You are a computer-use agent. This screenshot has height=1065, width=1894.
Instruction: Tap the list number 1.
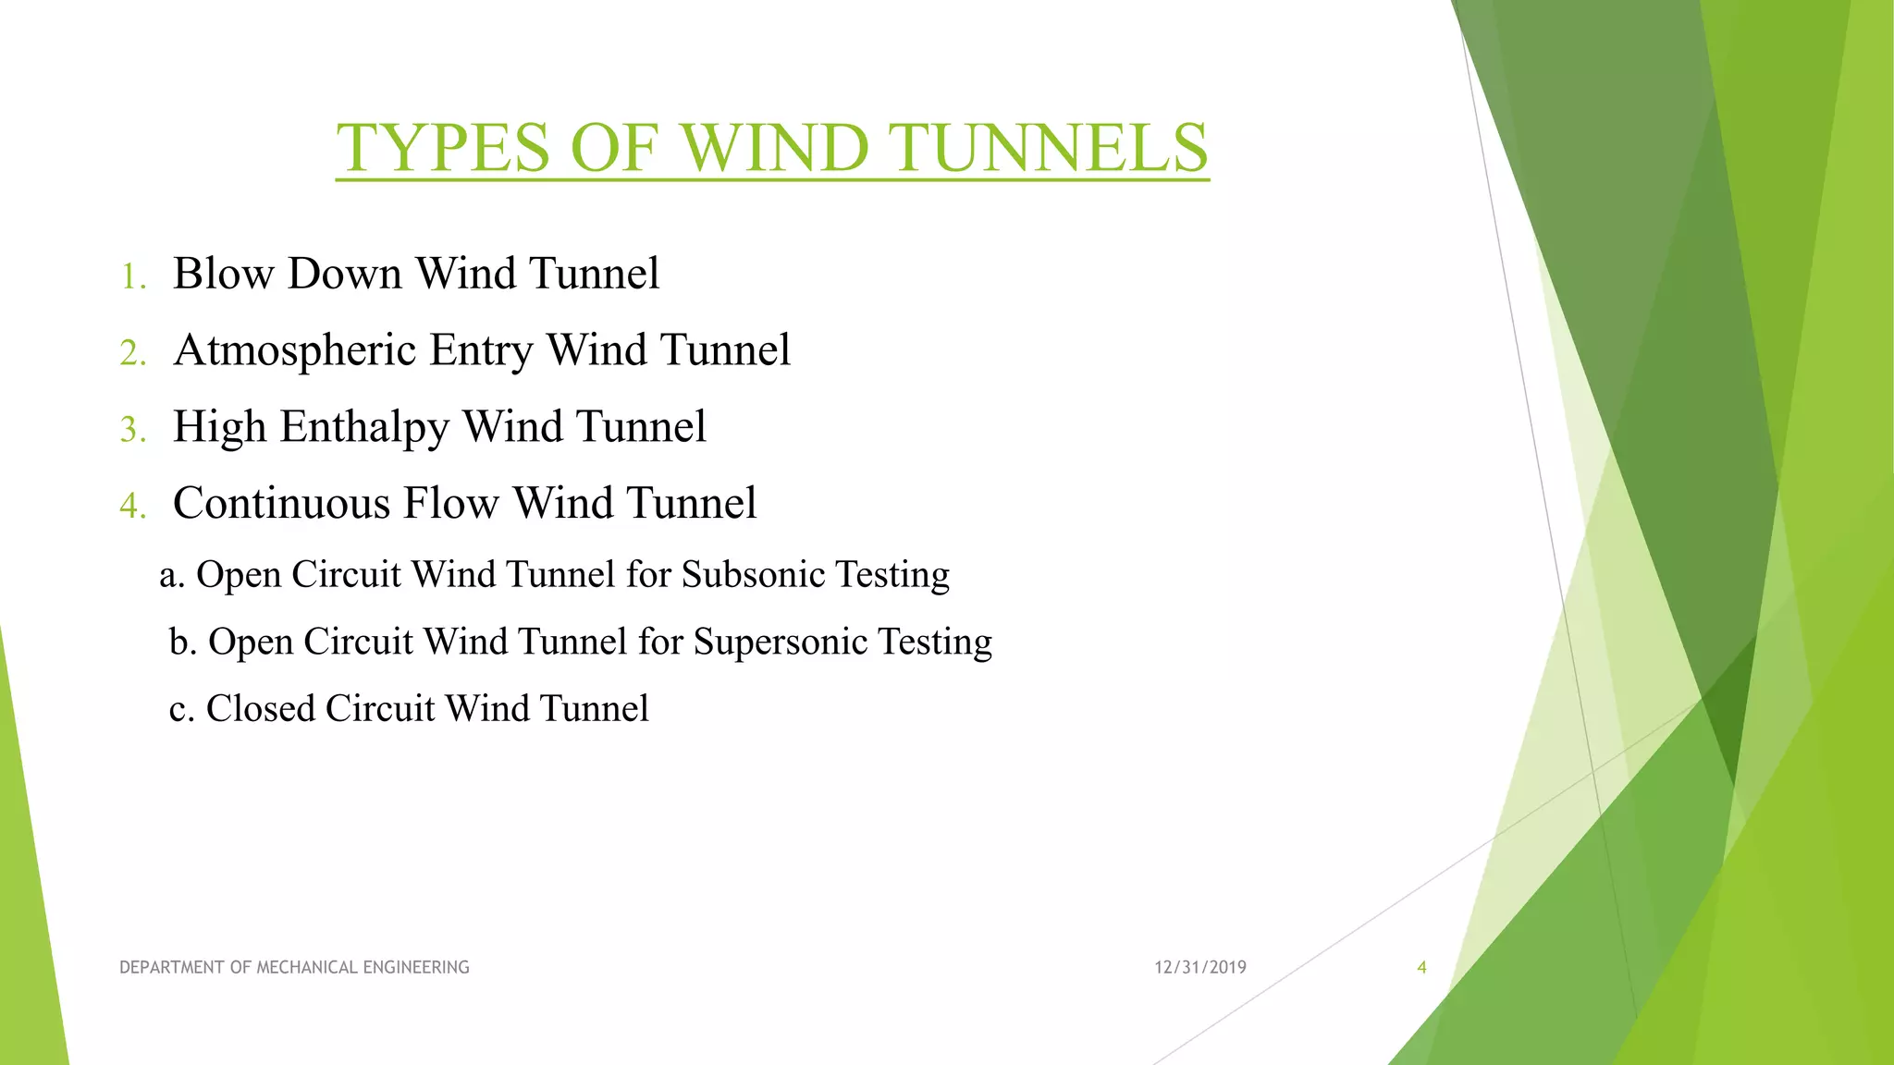click(x=133, y=276)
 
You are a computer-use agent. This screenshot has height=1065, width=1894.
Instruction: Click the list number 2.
click(x=133, y=353)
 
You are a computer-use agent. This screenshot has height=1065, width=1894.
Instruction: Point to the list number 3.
click(x=133, y=430)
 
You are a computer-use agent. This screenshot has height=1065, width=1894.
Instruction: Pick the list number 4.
click(x=133, y=507)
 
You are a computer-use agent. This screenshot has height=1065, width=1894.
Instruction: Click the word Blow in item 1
click(x=223, y=274)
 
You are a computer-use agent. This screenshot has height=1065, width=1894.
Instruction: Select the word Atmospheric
click(x=294, y=351)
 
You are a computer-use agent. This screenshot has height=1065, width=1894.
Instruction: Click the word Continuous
click(x=281, y=504)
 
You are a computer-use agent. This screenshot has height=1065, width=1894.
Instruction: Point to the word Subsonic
click(x=753, y=575)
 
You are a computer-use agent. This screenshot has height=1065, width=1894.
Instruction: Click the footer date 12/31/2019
click(x=1199, y=968)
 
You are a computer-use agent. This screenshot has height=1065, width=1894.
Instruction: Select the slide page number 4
click(x=1421, y=968)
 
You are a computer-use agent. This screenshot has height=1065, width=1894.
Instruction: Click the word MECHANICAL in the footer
click(x=307, y=968)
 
